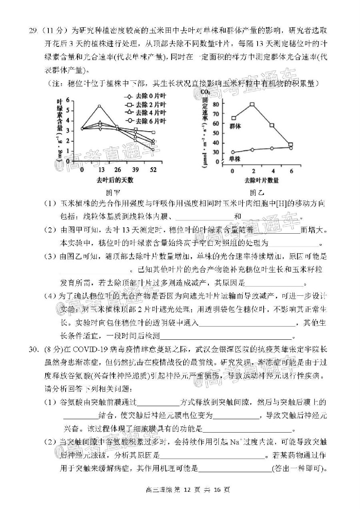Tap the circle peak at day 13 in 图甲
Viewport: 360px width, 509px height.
click(99, 106)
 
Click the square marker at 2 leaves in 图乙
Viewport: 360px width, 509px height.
click(252, 104)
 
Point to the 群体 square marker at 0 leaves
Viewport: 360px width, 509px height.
click(234, 118)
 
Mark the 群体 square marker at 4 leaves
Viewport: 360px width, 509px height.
click(272, 125)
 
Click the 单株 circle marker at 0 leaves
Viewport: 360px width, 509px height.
click(234, 152)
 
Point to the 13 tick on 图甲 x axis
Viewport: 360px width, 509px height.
click(100, 170)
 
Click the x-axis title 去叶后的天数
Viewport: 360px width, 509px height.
click(115, 180)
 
